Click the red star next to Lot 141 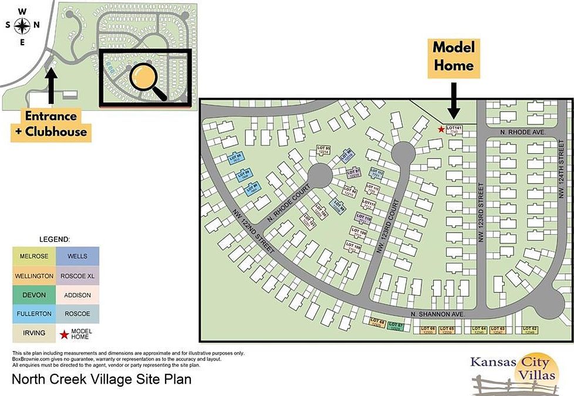click(441, 129)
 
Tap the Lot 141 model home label click(454, 130)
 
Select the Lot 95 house click(323, 150)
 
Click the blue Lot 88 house click(236, 158)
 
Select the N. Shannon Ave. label click(437, 314)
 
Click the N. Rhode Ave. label click(523, 133)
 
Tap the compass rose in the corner click(23, 26)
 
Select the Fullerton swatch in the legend click(34, 314)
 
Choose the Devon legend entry click(34, 295)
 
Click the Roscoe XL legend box click(78, 275)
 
